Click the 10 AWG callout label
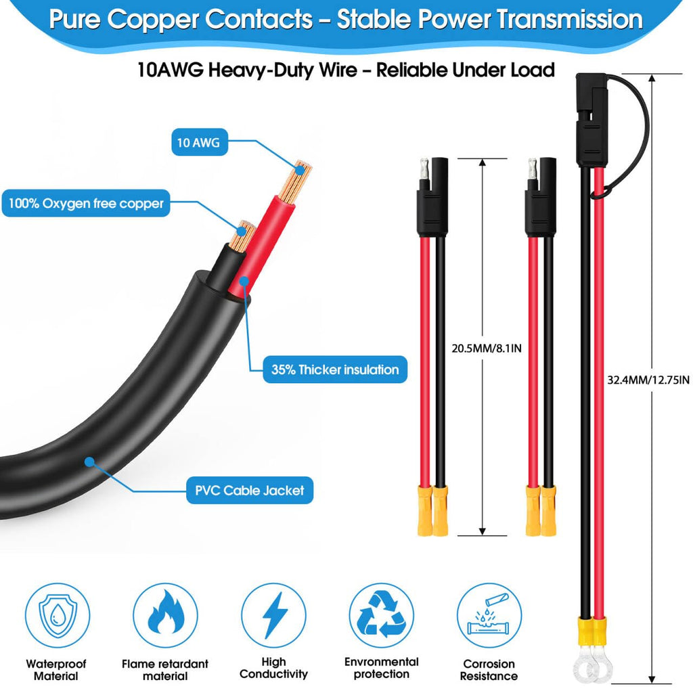200,142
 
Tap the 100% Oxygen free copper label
86,203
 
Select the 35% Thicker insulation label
334,370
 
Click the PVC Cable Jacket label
250,490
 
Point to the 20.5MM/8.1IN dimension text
487,349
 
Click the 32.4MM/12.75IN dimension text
648,380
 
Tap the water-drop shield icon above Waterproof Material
58,615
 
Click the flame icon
165,615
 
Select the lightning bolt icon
273,615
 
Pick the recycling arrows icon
382,615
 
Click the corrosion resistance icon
489,615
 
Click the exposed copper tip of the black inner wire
242,236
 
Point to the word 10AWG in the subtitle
170,70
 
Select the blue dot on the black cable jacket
90,462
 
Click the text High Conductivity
273,668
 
